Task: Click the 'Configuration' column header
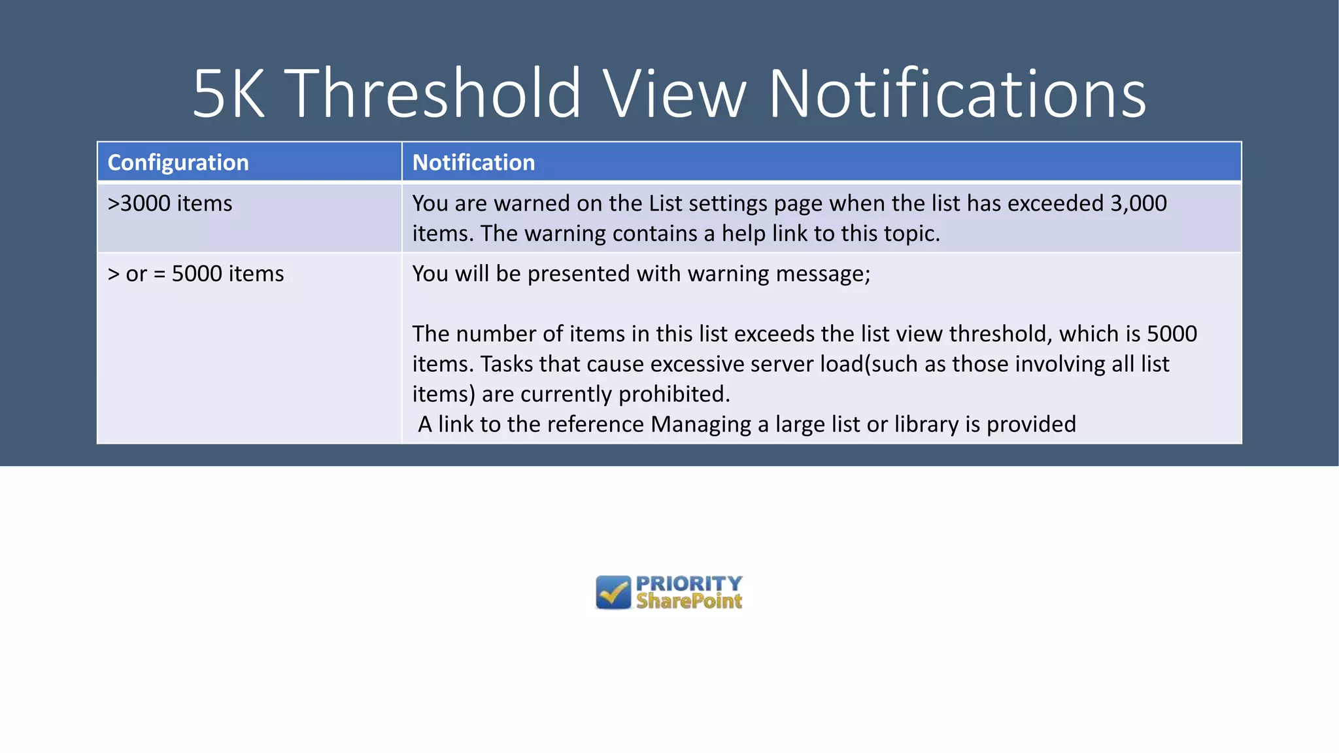click(178, 162)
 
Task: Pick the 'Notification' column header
click(473, 162)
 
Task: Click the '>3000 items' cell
click(170, 203)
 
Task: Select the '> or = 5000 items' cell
click(195, 273)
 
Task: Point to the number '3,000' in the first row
click(1138, 203)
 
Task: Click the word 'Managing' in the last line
click(701, 424)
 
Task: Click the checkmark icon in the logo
click(613, 592)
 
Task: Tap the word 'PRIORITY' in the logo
click(689, 583)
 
